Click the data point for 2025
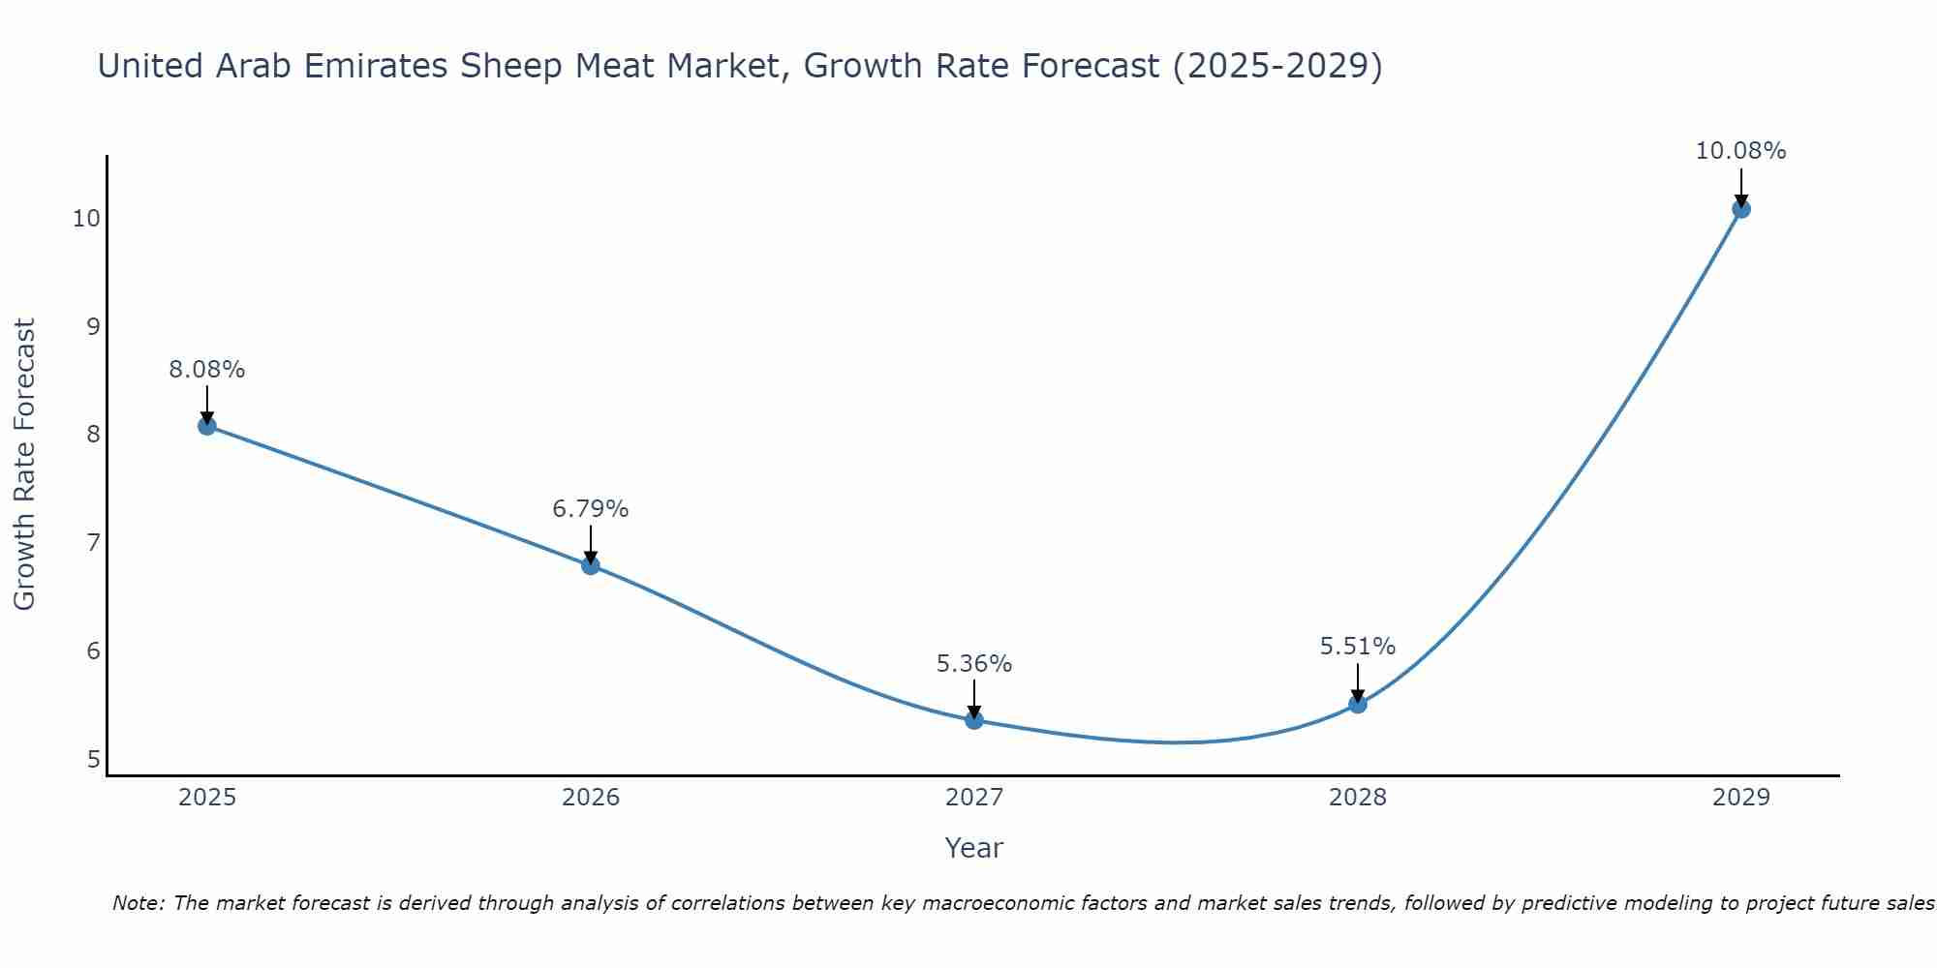point(206,426)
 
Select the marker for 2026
point(591,565)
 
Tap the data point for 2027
point(974,720)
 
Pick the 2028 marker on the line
point(1358,704)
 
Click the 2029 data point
point(1741,209)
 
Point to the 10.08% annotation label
point(1740,151)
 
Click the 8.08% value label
point(206,370)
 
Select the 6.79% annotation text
point(591,509)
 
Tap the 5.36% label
point(974,664)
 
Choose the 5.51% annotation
point(1358,647)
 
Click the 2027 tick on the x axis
point(974,798)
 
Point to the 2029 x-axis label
point(1741,798)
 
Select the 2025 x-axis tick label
point(207,798)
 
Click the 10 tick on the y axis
point(86,219)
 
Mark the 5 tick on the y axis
point(93,760)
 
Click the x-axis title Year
point(973,848)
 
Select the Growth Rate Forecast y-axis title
point(25,465)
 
